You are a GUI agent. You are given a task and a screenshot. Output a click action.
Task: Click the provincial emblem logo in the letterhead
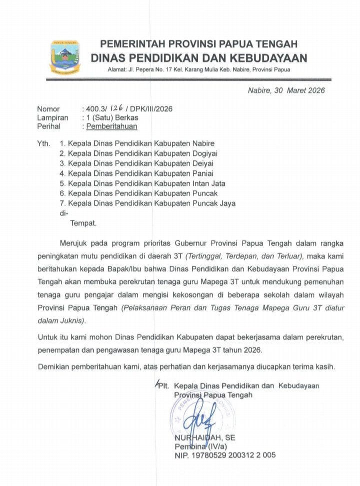click(x=65, y=57)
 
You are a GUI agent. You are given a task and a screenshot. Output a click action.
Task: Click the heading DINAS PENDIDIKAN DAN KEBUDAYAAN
click(x=198, y=57)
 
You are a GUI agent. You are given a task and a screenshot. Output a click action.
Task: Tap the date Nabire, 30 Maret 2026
click(x=286, y=91)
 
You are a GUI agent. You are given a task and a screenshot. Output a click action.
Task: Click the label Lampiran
click(x=52, y=118)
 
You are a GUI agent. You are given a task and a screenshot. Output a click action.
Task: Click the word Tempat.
click(x=83, y=223)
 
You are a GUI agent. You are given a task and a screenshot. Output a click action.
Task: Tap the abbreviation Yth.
click(x=43, y=144)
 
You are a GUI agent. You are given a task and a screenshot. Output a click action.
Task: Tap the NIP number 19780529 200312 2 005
click(x=225, y=456)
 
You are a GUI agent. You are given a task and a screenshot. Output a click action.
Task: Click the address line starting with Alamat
click(x=198, y=69)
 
